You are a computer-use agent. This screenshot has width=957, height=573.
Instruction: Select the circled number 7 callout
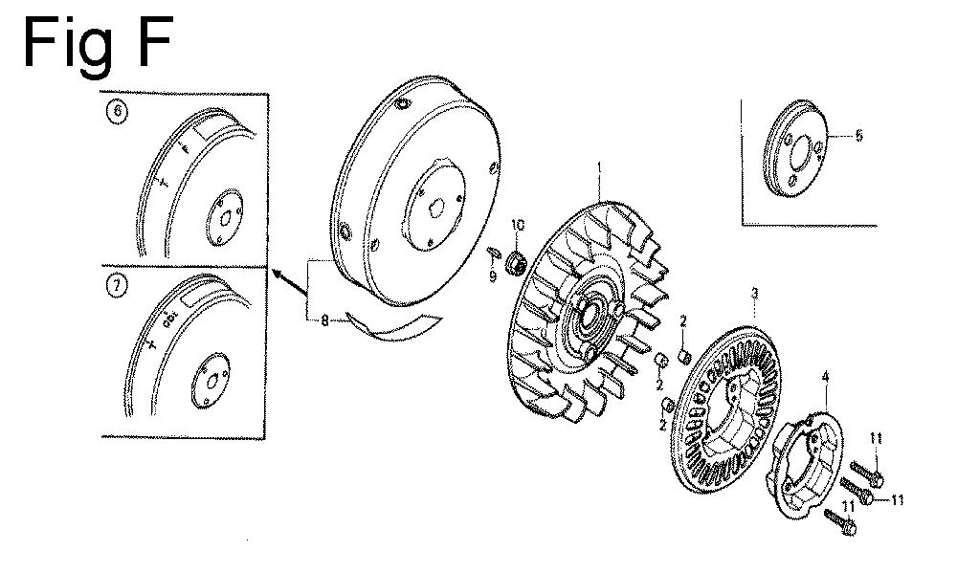[x=118, y=286]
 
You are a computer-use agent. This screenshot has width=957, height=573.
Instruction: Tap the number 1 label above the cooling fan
[x=599, y=168]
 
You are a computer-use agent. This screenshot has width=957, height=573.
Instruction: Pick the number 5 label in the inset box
[x=858, y=136]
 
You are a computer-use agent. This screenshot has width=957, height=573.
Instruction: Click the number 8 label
[x=325, y=321]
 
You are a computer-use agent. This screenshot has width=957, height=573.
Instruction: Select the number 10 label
[x=518, y=225]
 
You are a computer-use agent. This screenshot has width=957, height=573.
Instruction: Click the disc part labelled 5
[x=796, y=147]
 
